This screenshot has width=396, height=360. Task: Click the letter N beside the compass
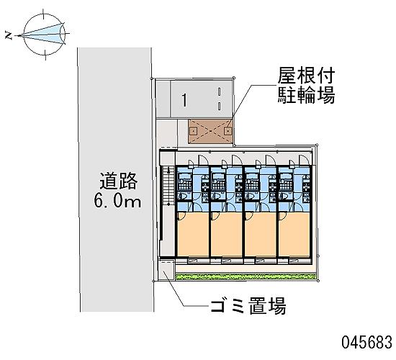[x=9, y=35]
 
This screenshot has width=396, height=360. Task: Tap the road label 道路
[x=118, y=181]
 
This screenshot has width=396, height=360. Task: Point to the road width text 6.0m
[x=117, y=201]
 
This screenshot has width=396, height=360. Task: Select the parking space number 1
[x=184, y=100]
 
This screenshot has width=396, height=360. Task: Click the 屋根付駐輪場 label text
[x=306, y=86]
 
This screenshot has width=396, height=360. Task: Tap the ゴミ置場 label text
[x=248, y=305]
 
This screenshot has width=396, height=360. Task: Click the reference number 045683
[x=367, y=342]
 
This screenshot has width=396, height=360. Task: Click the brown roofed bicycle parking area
[x=210, y=131]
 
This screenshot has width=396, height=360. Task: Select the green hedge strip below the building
[x=246, y=277]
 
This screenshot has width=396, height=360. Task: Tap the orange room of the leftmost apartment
[x=193, y=235]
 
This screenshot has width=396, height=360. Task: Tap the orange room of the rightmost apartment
[x=294, y=235]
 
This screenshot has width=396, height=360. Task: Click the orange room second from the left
[x=227, y=235]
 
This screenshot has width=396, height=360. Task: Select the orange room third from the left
[x=261, y=235]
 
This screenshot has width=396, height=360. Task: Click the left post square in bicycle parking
[x=193, y=131]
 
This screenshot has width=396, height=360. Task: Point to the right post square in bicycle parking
[x=228, y=131]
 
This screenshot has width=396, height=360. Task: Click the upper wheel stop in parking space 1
[x=219, y=91]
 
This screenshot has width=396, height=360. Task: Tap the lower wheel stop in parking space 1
[x=219, y=106]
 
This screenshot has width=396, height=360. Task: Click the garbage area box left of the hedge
[x=166, y=270]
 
